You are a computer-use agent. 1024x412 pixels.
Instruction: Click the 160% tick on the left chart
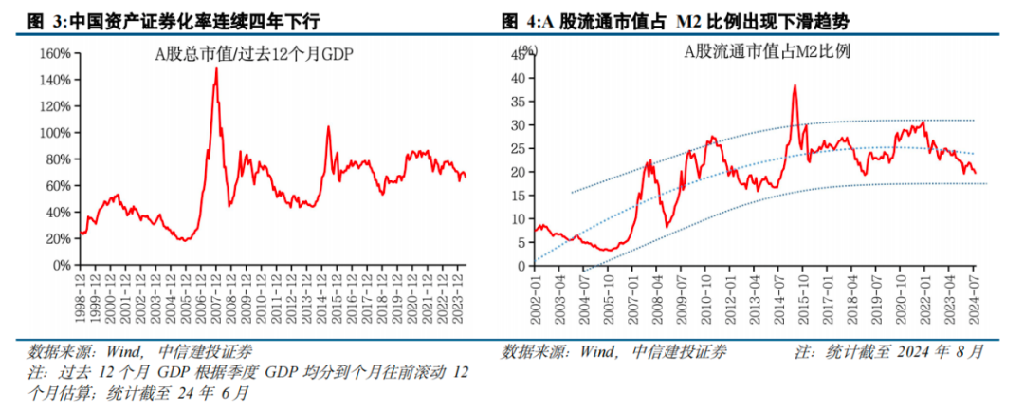tap(55, 53)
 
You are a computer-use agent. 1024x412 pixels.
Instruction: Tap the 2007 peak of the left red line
tap(216, 69)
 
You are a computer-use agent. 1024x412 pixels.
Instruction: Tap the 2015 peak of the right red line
tap(795, 86)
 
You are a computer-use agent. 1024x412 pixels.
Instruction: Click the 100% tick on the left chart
tap(55, 133)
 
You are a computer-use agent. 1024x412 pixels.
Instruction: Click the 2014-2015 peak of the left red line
tap(328, 126)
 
